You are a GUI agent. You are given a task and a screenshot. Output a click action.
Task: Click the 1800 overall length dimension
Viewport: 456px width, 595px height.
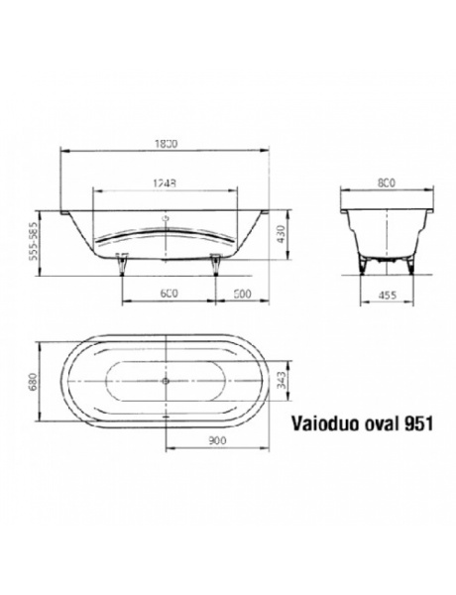click(x=166, y=144)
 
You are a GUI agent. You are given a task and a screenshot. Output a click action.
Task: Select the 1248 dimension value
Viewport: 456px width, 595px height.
click(x=166, y=183)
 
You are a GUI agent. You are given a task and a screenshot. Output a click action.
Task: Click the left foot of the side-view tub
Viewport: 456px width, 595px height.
click(x=123, y=262)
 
